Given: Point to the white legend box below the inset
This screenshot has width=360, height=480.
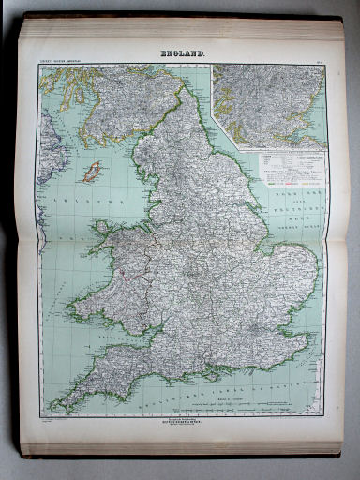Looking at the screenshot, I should point(292,169).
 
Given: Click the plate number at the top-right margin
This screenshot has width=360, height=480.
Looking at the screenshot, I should point(319,63).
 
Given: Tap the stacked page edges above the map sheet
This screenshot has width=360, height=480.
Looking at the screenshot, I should point(178,28).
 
